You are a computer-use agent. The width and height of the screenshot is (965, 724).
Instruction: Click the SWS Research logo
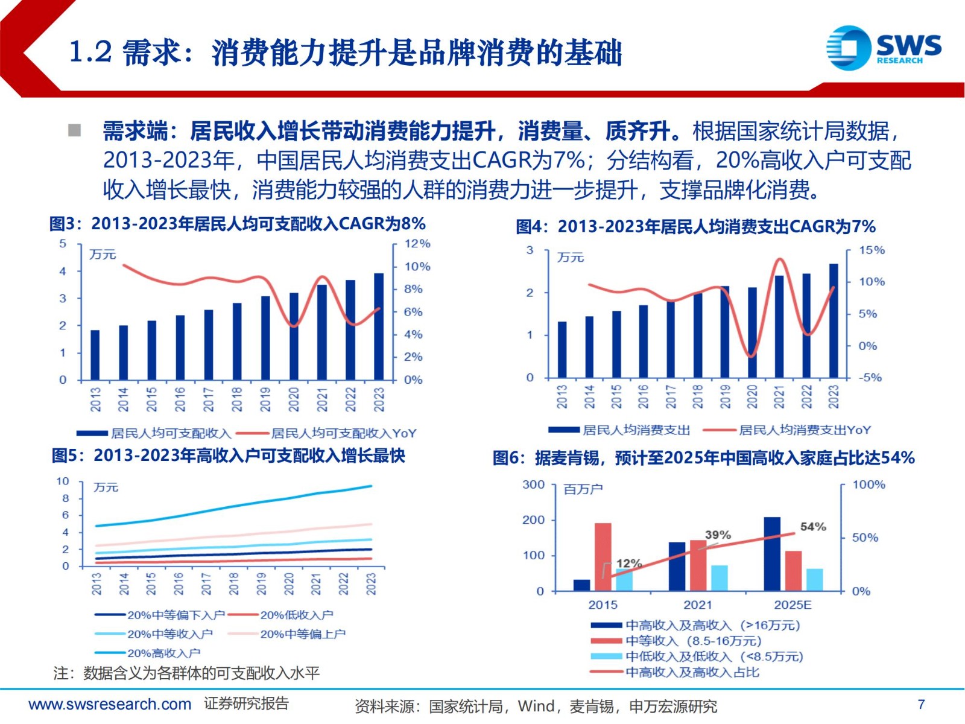[884, 48]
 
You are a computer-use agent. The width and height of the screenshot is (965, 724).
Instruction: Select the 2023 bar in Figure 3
[379, 326]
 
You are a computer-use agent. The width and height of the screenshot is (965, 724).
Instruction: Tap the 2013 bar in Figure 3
[95, 355]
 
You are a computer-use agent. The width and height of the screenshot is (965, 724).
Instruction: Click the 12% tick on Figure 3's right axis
[417, 244]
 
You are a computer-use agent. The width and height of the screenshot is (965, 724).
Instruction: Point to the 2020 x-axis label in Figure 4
[752, 396]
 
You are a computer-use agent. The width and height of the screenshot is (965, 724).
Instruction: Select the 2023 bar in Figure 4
[834, 320]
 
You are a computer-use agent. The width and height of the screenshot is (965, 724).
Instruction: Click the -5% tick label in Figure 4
[870, 378]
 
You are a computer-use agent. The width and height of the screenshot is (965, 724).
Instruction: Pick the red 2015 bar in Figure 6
[603, 556]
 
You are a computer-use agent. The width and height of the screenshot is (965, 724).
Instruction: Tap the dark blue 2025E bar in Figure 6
[772, 553]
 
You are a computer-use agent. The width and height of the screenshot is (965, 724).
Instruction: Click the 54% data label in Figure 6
[813, 527]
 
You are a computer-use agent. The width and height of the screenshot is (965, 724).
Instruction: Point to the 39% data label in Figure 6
[718, 535]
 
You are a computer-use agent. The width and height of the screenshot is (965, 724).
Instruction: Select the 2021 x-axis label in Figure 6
[698, 605]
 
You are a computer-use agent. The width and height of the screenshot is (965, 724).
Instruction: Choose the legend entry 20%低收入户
[296, 615]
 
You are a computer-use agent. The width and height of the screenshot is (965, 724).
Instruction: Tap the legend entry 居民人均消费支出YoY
[805, 430]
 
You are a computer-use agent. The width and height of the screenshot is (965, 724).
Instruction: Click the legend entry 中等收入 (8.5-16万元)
[693, 641]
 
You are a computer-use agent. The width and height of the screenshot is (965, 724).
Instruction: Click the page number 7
[921, 704]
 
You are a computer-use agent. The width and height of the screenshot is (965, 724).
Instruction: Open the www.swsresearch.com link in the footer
[110, 704]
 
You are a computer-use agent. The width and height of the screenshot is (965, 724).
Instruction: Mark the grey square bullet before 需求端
[75, 130]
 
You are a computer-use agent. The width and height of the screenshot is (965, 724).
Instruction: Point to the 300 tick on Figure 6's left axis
[533, 484]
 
